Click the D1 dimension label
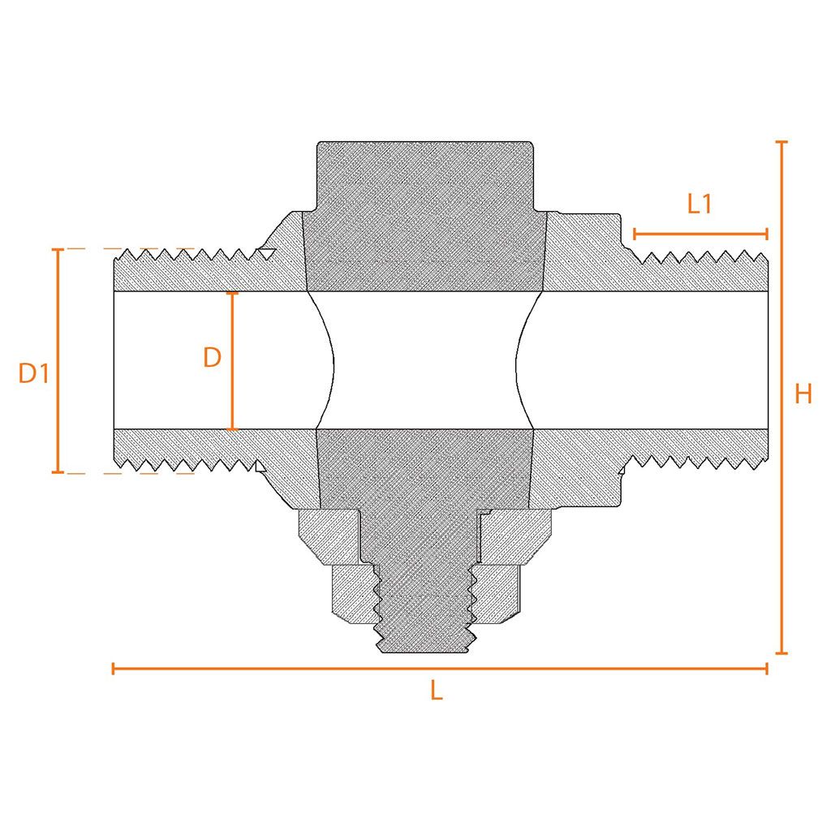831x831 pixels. (34, 373)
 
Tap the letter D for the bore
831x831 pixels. (212, 358)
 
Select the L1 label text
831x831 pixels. (699, 204)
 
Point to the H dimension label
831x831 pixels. (803, 394)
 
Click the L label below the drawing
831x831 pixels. (436, 691)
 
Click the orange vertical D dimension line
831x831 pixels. (231, 361)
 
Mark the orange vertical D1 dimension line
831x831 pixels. (58, 360)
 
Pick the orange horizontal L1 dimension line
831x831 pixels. (700, 234)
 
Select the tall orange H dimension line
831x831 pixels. (781, 398)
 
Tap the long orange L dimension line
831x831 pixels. (440, 669)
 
